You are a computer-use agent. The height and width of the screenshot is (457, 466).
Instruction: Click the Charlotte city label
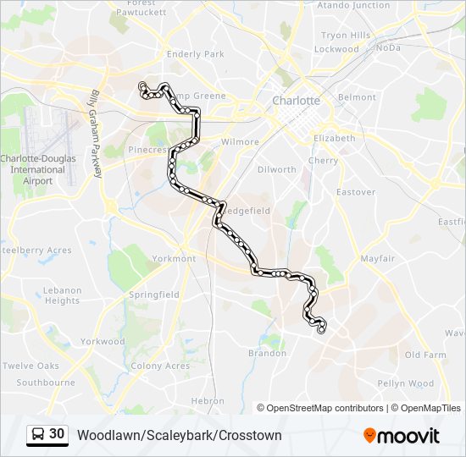pyautogui.click(x=296, y=101)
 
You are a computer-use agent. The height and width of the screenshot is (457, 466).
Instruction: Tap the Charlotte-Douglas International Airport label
pyautogui.click(x=37, y=169)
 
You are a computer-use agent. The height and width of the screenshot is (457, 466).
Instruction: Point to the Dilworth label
pyautogui.click(x=277, y=170)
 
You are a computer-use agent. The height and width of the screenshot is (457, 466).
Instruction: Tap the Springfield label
pyautogui.click(x=154, y=295)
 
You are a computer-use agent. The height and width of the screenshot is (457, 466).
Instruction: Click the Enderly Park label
pyautogui.click(x=196, y=54)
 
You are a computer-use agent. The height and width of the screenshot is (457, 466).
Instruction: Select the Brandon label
pyautogui.click(x=267, y=354)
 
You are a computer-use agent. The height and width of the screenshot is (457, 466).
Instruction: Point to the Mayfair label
pyautogui.click(x=377, y=258)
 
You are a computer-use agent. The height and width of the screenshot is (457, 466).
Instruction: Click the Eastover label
pyautogui.click(x=356, y=192)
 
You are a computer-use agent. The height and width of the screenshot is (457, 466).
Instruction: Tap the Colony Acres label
pyautogui.click(x=160, y=366)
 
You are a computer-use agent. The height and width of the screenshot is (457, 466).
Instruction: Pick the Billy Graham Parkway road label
pyautogui.click(x=96, y=134)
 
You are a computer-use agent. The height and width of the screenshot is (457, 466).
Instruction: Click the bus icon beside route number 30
pyautogui.click(x=39, y=435)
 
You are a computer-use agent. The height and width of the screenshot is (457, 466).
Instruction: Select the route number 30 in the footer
pyautogui.click(x=57, y=434)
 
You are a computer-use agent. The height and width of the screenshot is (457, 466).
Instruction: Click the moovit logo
pyautogui.click(x=402, y=436)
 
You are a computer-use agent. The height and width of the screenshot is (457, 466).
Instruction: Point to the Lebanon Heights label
pyautogui.click(x=63, y=295)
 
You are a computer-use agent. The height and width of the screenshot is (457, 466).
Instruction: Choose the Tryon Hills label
pyautogui.click(x=346, y=36)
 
